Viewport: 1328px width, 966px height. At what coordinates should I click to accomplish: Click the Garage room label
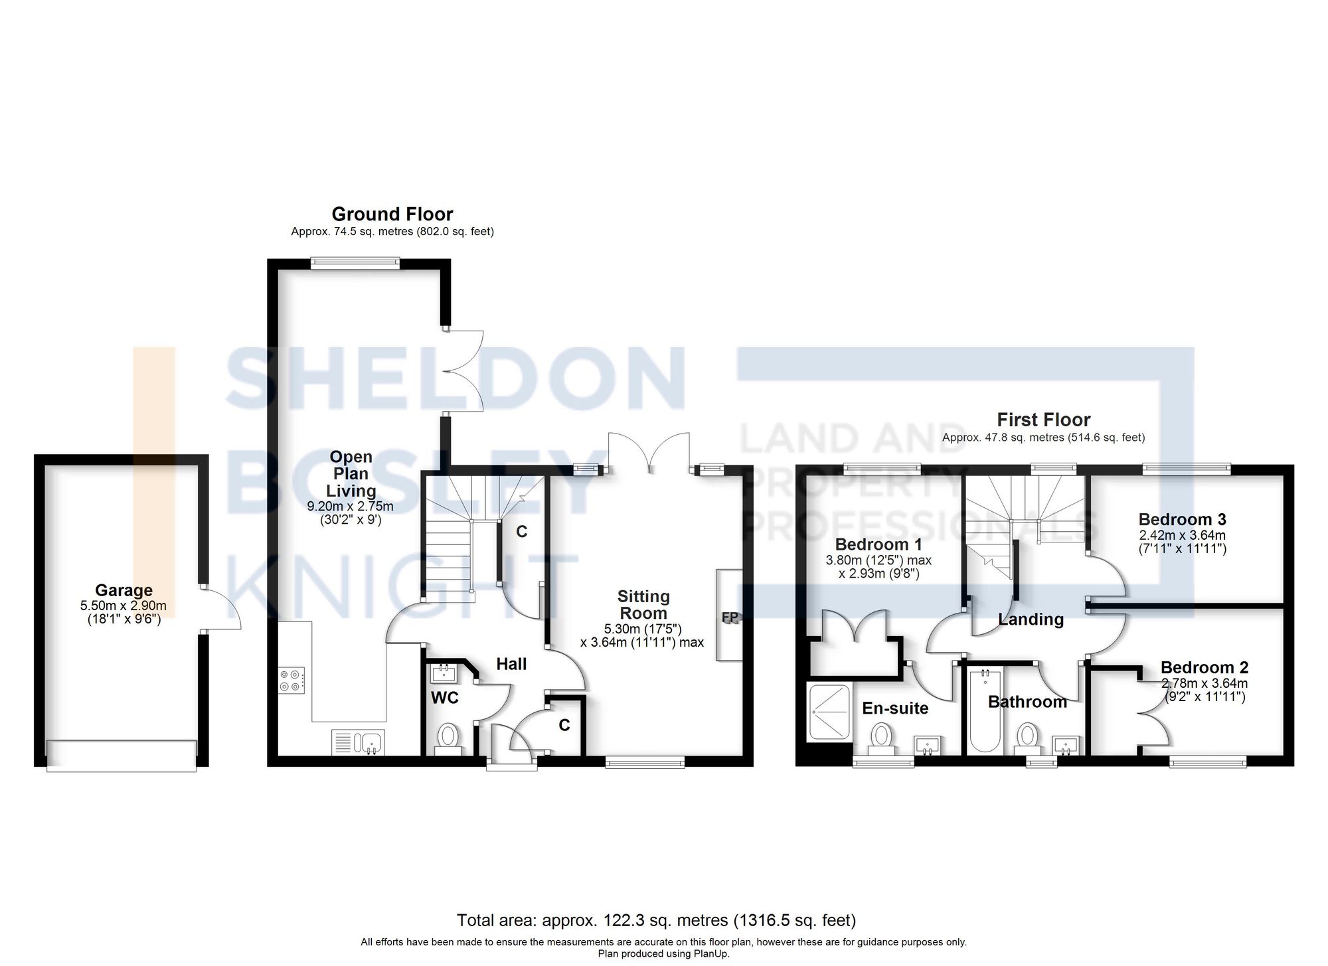[124, 590]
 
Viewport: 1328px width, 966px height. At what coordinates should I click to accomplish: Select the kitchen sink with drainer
[357, 742]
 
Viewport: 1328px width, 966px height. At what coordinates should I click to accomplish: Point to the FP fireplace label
[730, 617]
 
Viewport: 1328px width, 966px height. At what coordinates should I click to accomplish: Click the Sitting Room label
[643, 605]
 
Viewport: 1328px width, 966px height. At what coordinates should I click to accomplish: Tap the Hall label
[511, 664]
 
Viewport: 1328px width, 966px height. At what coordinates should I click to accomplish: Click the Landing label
[1031, 619]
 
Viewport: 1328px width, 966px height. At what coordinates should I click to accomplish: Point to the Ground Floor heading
[392, 214]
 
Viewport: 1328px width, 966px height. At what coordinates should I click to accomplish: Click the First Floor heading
[1043, 420]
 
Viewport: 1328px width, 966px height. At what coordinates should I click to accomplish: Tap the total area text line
[656, 921]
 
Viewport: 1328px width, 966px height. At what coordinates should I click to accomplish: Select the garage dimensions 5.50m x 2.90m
[124, 605]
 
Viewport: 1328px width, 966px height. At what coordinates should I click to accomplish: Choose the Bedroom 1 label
[878, 544]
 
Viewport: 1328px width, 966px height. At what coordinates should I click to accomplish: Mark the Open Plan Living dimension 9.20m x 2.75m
[350, 507]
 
